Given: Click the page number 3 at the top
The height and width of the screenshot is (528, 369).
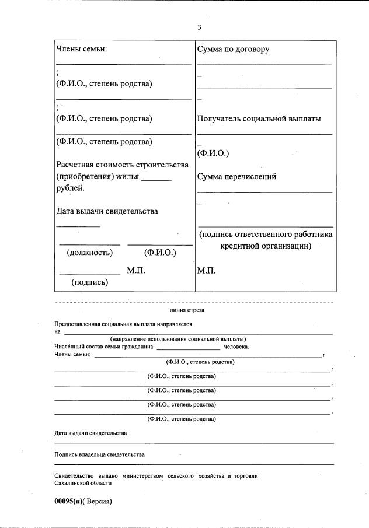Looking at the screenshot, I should [199, 27].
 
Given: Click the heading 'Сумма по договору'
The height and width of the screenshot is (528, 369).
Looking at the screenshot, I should [233, 49].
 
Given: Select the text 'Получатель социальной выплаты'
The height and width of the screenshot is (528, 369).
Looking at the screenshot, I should [259, 118].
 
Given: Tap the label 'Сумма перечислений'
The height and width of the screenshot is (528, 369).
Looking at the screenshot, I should [236, 177].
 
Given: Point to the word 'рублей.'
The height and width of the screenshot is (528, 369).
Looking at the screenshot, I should [70, 188].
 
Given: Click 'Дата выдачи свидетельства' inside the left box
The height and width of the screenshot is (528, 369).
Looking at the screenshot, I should [107, 211].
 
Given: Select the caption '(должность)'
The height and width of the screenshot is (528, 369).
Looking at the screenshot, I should [90, 253].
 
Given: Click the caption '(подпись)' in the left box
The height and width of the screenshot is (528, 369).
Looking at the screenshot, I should [89, 282].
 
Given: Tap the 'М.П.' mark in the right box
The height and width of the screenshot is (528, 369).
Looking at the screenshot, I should [207, 271].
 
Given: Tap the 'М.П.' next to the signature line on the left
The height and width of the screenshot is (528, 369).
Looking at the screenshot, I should [135, 271].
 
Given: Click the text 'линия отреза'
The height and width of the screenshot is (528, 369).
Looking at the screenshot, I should [187, 310].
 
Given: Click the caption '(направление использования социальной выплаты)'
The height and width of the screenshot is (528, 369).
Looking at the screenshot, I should [178, 339].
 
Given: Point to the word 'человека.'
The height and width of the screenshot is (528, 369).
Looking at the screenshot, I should [236, 347].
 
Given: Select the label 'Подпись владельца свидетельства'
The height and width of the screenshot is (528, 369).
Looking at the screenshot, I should [100, 454].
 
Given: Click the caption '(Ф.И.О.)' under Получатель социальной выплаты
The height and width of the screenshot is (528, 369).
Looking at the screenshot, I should [213, 153].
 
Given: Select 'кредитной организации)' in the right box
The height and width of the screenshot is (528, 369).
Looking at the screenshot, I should [266, 246].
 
